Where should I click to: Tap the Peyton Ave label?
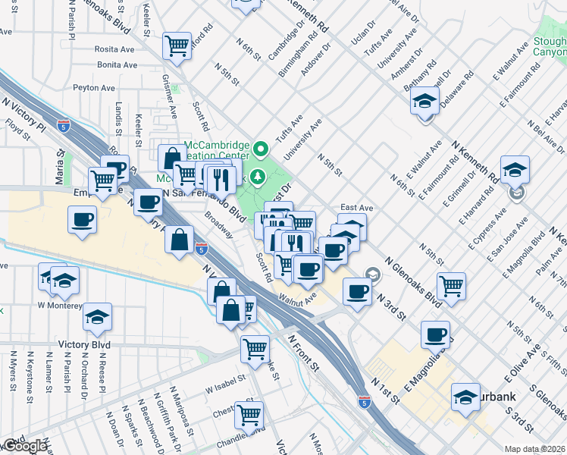(94, 88)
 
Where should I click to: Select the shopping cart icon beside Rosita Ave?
(177, 45)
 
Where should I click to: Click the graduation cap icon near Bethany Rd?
(424, 99)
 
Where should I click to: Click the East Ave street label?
(357, 207)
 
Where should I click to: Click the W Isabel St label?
(227, 378)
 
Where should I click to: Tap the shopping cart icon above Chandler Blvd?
(249, 415)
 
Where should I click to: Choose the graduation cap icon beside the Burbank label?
(465, 396)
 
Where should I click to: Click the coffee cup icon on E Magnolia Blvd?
(435, 334)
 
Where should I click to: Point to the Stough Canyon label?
(549, 47)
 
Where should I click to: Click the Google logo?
(25, 446)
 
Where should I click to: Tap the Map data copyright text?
(535, 449)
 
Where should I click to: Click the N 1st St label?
(384, 388)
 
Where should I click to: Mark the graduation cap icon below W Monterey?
(98, 318)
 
